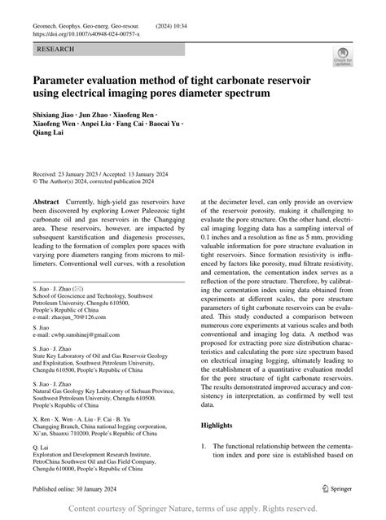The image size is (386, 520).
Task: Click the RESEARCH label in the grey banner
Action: (x=55, y=50)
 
